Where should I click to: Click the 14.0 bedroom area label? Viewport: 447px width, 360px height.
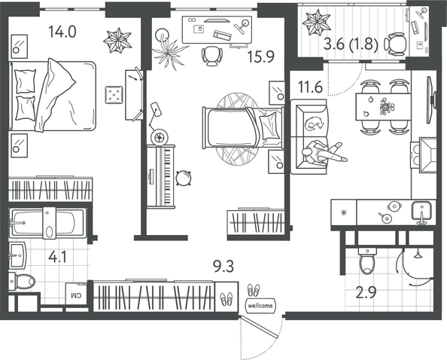[x=62, y=32]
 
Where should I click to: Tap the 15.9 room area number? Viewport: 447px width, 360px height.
[x=261, y=56]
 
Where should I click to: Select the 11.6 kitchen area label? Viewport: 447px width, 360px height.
[x=311, y=87]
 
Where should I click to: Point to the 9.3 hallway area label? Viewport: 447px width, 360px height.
[x=223, y=267]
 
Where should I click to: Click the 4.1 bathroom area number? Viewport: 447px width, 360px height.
[x=57, y=258]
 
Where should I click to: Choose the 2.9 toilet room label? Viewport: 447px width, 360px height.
[x=366, y=292]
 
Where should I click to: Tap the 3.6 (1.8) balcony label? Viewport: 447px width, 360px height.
[x=351, y=44]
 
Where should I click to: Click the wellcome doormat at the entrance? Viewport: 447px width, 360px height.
[x=260, y=306]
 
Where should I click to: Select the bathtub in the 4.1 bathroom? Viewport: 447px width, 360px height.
[x=47, y=222]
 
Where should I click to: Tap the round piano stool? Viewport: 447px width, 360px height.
[x=184, y=178]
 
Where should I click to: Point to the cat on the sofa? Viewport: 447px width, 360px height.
[x=315, y=124]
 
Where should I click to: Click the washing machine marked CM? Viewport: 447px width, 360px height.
[x=76, y=294]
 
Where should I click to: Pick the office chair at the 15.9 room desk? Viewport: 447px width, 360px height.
[x=211, y=56]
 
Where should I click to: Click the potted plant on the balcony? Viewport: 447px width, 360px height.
[x=316, y=23]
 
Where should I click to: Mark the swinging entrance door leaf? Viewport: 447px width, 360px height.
[x=259, y=327]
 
